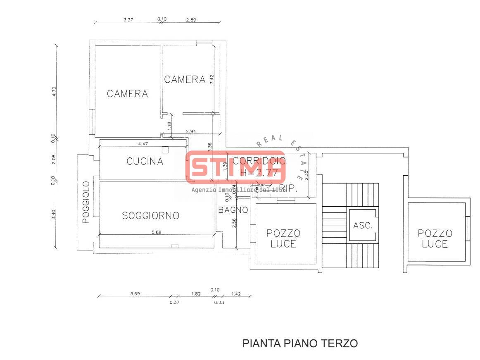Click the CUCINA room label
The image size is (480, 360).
(x=145, y=161)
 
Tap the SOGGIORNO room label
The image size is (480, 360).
(x=151, y=215)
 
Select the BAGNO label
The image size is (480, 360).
(x=233, y=210)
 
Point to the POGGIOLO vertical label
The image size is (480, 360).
(x=86, y=202)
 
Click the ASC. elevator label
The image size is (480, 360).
(x=363, y=226)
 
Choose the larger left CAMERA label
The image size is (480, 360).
(x=127, y=94)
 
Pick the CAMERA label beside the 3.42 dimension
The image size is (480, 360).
(x=185, y=79)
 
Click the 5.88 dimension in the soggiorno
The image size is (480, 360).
(x=157, y=232)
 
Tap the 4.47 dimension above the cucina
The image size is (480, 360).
(x=143, y=144)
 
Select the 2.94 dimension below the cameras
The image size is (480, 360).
(x=191, y=131)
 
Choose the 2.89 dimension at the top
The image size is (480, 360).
(x=191, y=19)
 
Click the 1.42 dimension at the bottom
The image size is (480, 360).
(x=235, y=294)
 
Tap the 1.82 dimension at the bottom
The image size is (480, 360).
(x=196, y=294)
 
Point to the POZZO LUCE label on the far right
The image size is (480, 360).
(x=435, y=239)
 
